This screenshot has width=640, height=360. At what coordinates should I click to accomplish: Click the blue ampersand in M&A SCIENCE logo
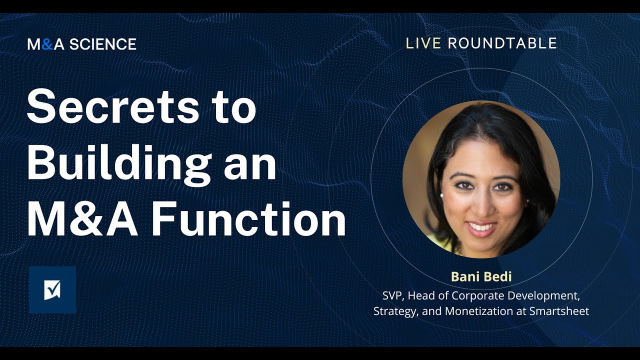point(47,44)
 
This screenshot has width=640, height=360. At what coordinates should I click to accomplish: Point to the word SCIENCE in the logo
point(102,44)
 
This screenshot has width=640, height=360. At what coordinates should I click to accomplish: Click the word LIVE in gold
point(423,43)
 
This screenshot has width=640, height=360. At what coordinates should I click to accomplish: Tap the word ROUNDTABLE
point(502,43)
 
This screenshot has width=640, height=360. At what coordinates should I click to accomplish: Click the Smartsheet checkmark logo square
point(52,289)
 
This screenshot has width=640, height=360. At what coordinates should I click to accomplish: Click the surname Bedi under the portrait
point(497,276)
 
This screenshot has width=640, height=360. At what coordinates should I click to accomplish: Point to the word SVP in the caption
point(393,295)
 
